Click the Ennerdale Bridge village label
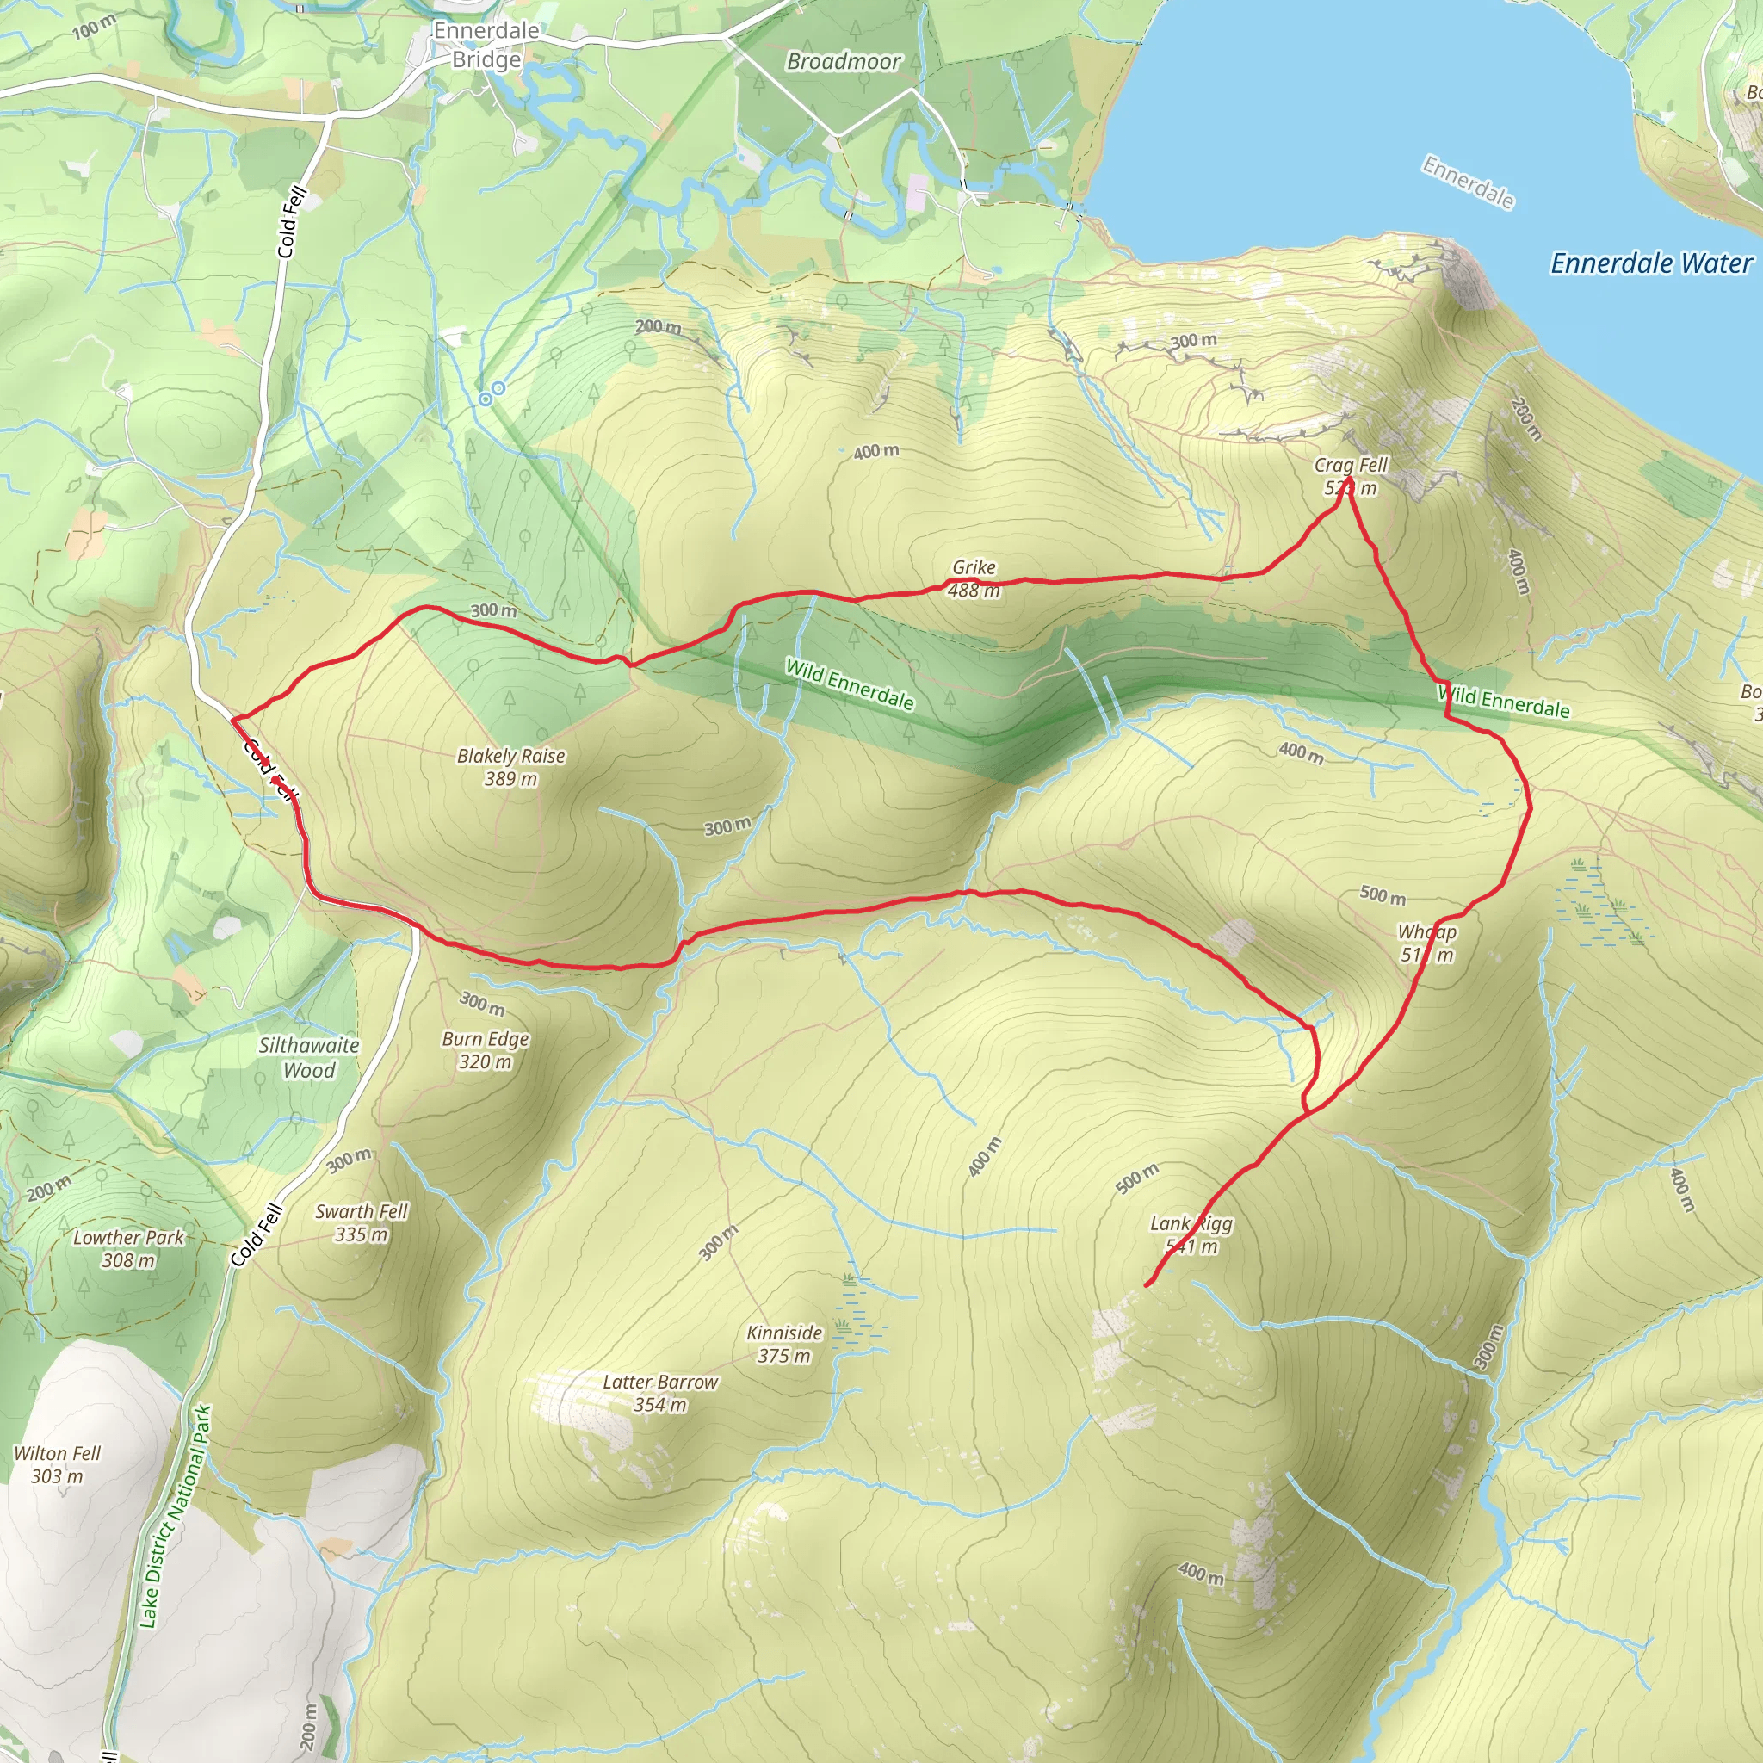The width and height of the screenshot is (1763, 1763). tap(486, 45)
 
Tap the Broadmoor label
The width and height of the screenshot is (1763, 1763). tap(843, 61)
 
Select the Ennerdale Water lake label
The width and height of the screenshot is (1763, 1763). tap(1651, 263)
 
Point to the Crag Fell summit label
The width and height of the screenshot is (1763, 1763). tap(1351, 475)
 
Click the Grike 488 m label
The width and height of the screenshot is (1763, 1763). tap(974, 578)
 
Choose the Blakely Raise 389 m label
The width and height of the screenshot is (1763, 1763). tap(511, 766)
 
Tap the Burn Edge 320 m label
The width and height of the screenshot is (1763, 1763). tap(486, 1049)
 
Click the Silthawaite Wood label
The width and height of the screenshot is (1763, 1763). tap(308, 1058)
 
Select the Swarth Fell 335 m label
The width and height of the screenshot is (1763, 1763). tap(362, 1222)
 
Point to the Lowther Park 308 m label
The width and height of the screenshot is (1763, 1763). tap(128, 1248)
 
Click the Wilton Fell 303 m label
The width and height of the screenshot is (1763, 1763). tap(57, 1463)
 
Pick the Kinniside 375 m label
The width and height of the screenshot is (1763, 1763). tap(785, 1343)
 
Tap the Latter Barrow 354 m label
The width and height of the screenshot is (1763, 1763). tap(660, 1393)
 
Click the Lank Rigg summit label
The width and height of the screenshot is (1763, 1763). tap(1191, 1234)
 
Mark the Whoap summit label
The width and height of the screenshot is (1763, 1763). tap(1427, 943)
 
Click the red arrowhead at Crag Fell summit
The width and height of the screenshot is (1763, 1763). tap(1349, 482)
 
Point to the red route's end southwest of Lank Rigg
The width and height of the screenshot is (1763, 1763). tap(1147, 1286)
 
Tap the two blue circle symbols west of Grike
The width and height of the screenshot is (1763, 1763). tap(492, 394)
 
